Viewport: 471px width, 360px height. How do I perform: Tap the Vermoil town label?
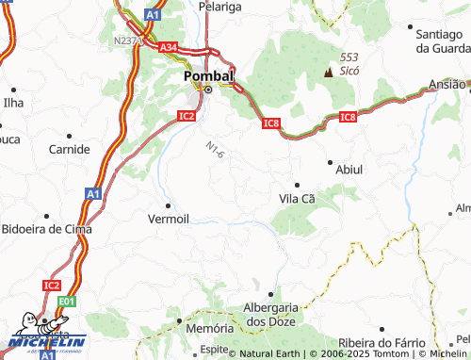(x=169, y=219)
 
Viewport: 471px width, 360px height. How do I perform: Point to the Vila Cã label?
(x=297, y=199)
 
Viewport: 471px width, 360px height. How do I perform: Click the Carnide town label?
(x=70, y=149)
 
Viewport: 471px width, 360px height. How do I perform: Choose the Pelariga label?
(x=220, y=7)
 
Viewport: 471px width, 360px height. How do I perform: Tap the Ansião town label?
(x=447, y=84)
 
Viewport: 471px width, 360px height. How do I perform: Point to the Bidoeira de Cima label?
(x=47, y=229)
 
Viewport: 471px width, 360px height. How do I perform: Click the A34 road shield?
(x=169, y=47)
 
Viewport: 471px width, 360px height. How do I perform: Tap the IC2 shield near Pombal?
(x=187, y=116)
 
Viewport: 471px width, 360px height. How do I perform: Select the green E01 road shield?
(x=66, y=302)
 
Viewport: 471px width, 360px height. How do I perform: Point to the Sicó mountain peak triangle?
(x=329, y=72)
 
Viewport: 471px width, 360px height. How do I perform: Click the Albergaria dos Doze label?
(x=271, y=315)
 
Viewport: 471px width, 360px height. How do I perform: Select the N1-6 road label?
(x=215, y=149)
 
